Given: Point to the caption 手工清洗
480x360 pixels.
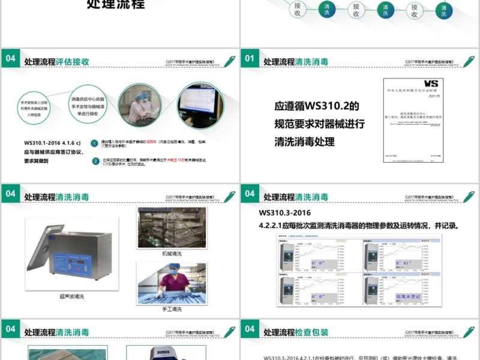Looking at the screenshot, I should point(172,309).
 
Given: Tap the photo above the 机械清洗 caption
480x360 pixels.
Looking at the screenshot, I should point(172,228).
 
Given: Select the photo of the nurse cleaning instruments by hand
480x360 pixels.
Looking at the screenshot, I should point(172,284).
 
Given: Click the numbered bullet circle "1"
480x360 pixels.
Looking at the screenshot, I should point(95,143).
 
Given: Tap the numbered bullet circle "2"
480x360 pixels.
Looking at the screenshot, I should point(95,161).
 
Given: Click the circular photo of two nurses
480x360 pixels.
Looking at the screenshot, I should point(139,104).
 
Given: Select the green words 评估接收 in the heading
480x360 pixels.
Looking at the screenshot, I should point(73,61).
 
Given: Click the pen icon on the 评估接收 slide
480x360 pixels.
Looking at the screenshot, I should point(229,61).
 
